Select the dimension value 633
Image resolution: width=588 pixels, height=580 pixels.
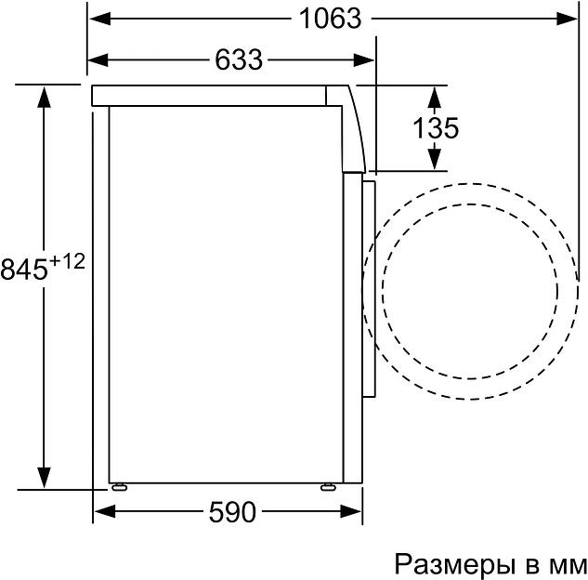pyautogui.click(x=239, y=59)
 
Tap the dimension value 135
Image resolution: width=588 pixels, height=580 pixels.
pyautogui.click(x=436, y=128)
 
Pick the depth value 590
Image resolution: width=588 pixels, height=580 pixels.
pyautogui.click(x=229, y=512)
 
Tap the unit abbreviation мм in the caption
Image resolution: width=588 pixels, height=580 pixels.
pyautogui.click(x=565, y=564)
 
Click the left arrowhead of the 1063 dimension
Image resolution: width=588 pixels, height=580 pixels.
pyautogui.click(x=97, y=18)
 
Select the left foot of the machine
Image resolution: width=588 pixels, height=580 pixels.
pyautogui.click(x=119, y=485)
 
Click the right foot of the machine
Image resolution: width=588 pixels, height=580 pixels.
pyautogui.click(x=328, y=485)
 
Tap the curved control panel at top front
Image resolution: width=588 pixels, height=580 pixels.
pyautogui.click(x=354, y=125)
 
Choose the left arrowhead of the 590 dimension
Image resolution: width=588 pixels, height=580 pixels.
pyautogui.click(x=104, y=512)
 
